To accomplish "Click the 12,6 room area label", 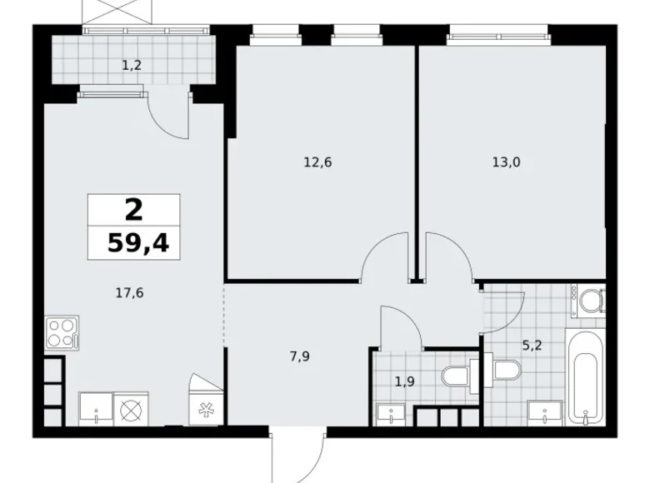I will click(317, 162).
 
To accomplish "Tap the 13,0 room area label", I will click(506, 162).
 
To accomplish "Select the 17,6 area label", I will click(130, 291).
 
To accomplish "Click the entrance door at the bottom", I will click(297, 456).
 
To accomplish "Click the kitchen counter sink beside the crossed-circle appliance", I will click(96, 409).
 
